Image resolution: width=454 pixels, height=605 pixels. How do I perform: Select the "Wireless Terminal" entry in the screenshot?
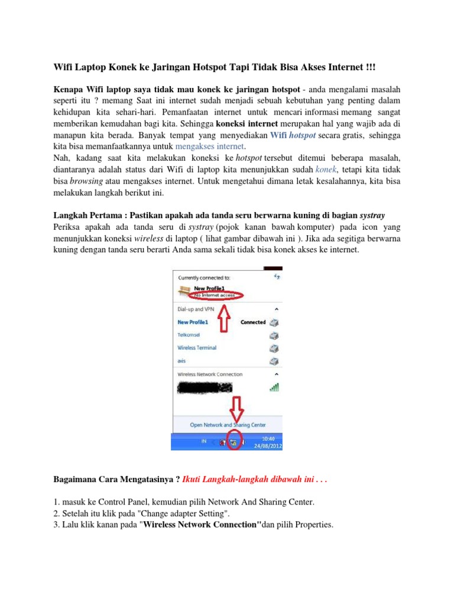197,348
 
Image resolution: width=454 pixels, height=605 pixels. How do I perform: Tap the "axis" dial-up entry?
182,360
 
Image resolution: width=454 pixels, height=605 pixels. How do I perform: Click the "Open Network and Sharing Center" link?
228,425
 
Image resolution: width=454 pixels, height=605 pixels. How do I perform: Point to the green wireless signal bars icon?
274,388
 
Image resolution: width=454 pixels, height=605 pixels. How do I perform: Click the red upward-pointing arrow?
225,323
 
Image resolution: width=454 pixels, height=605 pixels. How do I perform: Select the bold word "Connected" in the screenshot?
253,323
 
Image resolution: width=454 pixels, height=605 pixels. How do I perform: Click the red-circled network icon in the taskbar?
234,442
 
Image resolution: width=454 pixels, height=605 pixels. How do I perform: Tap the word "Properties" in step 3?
314,523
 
